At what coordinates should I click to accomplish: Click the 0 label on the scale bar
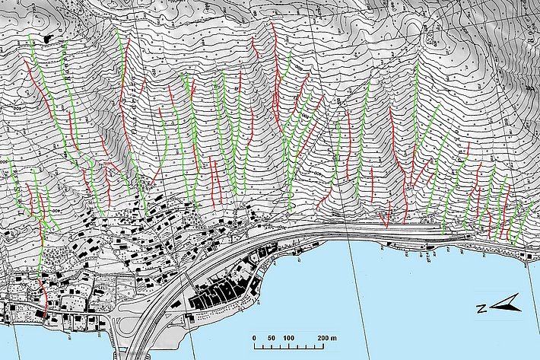[253, 337]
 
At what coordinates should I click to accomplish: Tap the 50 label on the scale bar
[270, 337]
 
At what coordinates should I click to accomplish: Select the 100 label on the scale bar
[288, 337]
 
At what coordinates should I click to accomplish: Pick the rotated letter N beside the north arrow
[481, 309]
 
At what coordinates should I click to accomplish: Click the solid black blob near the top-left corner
[49, 37]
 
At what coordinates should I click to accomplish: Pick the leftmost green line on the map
[13, 183]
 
